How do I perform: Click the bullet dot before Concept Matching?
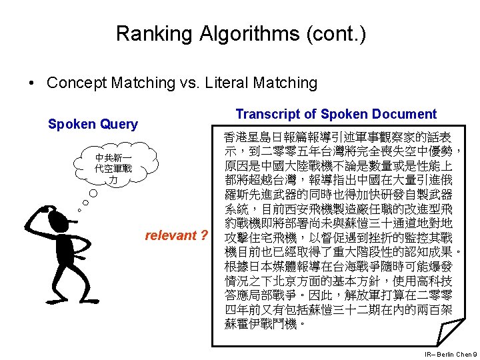(31, 83)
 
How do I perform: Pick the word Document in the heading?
(405, 114)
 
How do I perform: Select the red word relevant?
(171, 235)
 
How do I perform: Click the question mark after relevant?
(203, 235)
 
